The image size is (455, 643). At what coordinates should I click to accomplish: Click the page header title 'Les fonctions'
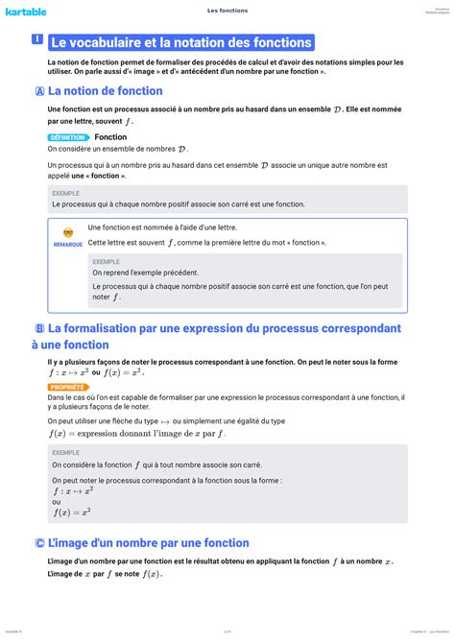(x=227, y=11)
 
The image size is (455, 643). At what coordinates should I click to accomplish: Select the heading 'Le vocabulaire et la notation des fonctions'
(x=180, y=42)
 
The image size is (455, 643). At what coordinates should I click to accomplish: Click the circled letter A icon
(x=38, y=91)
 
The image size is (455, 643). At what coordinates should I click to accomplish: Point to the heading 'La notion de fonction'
(x=105, y=91)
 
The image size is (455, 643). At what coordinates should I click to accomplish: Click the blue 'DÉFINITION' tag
(x=67, y=137)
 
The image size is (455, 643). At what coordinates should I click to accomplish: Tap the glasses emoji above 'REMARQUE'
(x=67, y=232)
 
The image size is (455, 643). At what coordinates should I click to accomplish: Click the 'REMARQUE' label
(x=67, y=244)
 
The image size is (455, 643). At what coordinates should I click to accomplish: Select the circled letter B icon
(x=38, y=328)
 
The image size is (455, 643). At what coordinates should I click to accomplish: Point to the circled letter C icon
(x=38, y=543)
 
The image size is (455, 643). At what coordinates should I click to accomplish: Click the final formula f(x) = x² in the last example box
(x=72, y=512)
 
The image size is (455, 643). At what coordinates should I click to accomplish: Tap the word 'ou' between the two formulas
(x=57, y=501)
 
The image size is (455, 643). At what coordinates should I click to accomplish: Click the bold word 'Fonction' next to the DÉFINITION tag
(x=110, y=137)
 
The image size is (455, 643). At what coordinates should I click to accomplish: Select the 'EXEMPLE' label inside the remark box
(x=106, y=261)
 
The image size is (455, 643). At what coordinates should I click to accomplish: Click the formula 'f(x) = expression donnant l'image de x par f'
(x=137, y=433)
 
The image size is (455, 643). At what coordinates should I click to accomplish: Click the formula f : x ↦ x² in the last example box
(x=72, y=490)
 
